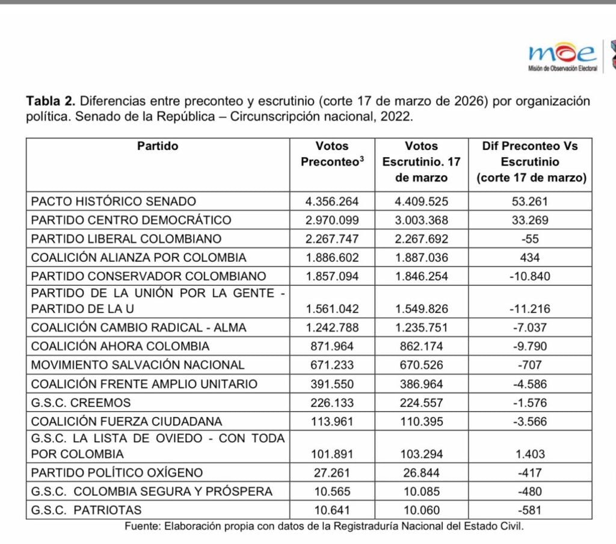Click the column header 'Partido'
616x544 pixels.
tap(158, 146)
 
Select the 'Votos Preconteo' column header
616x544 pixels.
tap(332, 154)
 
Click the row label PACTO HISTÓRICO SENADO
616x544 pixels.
tap(114, 201)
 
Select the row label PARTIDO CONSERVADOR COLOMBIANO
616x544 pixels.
tap(148, 276)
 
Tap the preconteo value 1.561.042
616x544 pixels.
tap(332, 308)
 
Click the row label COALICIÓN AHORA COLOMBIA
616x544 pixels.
tap(120, 346)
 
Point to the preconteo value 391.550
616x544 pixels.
tap(332, 383)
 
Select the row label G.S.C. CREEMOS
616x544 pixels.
tap(81, 402)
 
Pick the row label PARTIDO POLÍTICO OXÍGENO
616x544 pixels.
tap(117, 472)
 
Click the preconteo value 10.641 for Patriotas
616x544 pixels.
tap(332, 510)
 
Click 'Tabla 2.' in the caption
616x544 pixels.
tap(51, 100)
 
